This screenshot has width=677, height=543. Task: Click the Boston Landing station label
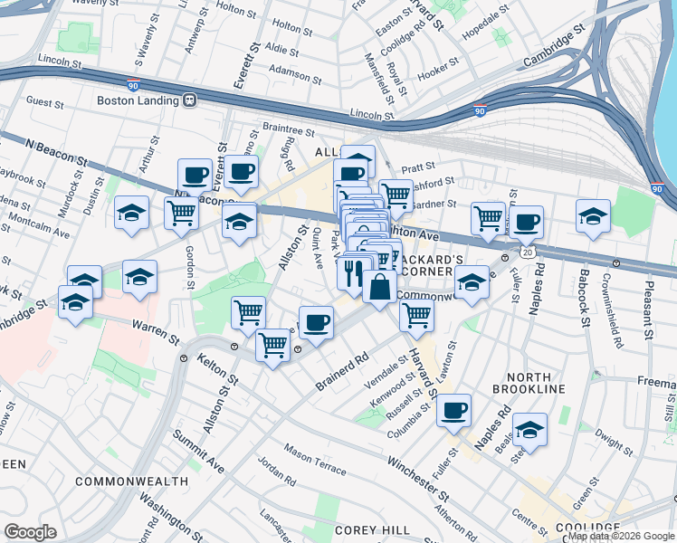tap(138, 100)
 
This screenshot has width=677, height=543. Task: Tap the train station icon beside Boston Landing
tap(190, 100)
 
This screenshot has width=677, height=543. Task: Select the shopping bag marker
tap(380, 287)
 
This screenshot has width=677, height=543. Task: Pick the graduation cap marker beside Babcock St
tap(593, 215)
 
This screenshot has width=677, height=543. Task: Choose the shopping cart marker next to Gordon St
tap(181, 213)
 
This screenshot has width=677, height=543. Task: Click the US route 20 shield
tap(528, 246)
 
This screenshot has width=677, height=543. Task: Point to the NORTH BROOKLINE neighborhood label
tap(529, 382)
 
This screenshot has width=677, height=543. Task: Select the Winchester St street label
tap(417, 480)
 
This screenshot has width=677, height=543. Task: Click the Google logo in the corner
tap(30, 532)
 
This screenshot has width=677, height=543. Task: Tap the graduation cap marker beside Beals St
tap(529, 430)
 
